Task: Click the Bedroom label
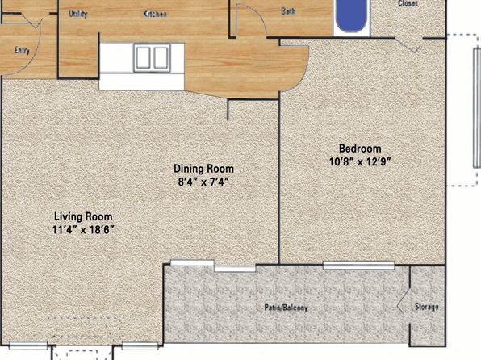360,149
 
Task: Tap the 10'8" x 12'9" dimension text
360,161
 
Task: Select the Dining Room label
203,169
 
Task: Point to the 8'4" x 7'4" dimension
203,182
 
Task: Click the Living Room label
83,216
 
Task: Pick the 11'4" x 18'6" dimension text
83,230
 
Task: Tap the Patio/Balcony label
286,308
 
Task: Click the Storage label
426,307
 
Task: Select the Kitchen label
155,14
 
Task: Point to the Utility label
78,14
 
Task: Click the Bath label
288,11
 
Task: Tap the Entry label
22,50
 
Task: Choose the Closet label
408,3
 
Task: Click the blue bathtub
352,15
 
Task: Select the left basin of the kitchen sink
143,57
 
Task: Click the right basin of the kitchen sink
161,57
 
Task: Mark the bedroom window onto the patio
358,266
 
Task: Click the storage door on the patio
402,305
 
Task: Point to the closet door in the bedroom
407,44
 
